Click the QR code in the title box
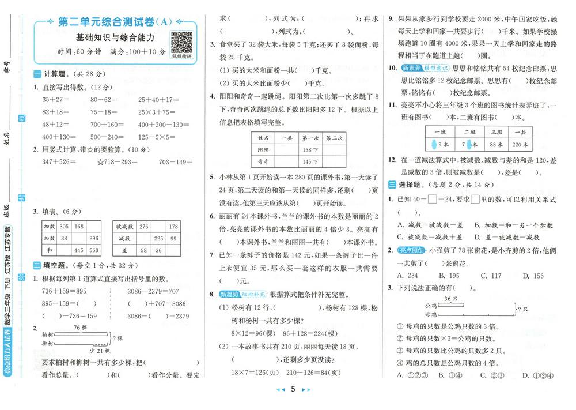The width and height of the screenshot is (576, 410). pyautogui.click(x=181, y=42)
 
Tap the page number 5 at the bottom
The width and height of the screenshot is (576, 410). pyautogui.click(x=293, y=390)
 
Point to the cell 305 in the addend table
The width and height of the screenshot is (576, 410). pyautogui.click(x=64, y=227)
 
